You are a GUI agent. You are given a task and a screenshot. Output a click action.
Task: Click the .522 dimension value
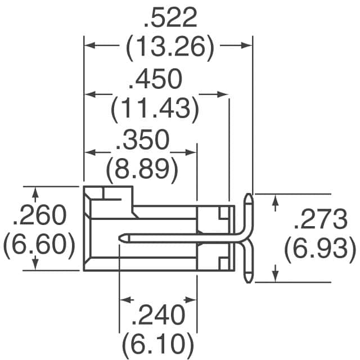(x=170, y=20)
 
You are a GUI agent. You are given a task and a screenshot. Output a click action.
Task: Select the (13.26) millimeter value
(x=170, y=49)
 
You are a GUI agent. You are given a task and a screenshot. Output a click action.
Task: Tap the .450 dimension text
(x=155, y=80)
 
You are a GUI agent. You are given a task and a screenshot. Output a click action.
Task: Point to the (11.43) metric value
(x=155, y=110)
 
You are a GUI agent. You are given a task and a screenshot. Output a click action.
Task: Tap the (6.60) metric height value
(x=40, y=245)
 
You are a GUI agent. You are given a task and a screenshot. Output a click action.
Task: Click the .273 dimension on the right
(x=321, y=220)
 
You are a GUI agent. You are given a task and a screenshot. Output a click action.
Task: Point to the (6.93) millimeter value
(x=320, y=249)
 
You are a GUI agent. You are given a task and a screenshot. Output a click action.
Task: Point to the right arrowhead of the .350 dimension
(x=192, y=152)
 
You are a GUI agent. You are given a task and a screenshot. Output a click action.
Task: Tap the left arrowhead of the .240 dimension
(x=124, y=299)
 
